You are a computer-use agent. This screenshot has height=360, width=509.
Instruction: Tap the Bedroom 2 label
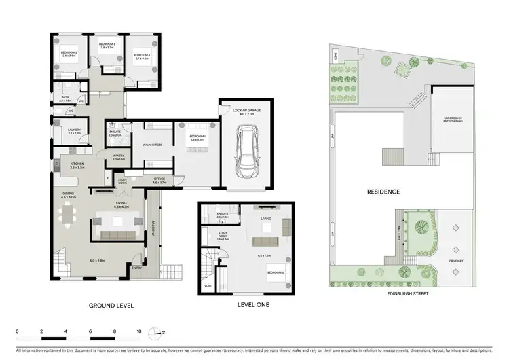click(67, 53)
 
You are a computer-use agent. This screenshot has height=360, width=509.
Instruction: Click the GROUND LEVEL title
click(111, 306)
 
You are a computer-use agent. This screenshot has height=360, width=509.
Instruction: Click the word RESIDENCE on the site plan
click(383, 192)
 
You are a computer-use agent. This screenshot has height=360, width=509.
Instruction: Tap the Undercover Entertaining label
click(453, 120)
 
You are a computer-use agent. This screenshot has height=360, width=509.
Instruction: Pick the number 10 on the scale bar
click(139, 333)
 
